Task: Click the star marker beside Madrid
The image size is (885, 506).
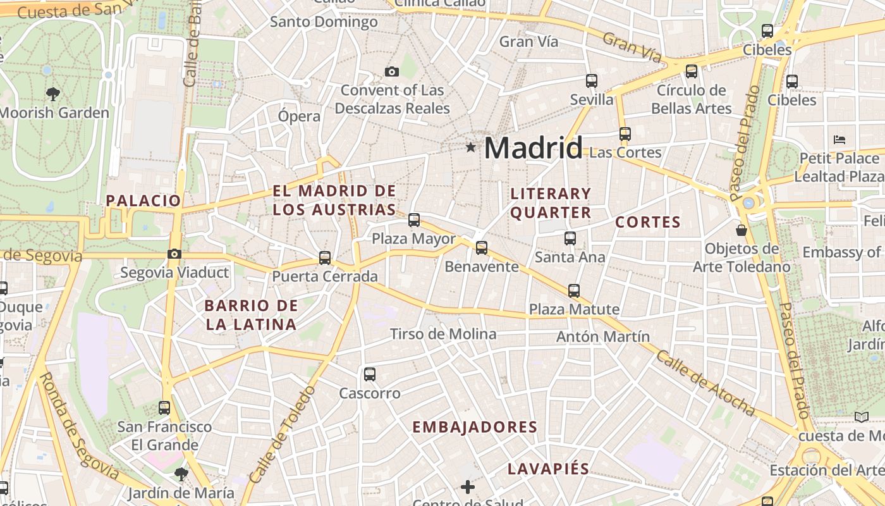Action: tap(470, 147)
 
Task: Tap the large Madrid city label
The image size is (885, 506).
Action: tap(533, 148)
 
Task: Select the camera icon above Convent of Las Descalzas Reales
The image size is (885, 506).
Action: tap(392, 72)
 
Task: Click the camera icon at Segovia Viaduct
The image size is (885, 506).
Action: tap(174, 254)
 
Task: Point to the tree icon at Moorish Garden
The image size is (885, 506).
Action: tap(53, 94)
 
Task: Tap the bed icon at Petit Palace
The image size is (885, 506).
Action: tap(839, 139)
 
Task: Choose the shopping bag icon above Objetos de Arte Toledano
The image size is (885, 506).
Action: tap(742, 230)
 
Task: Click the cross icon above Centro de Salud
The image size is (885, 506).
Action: tap(468, 487)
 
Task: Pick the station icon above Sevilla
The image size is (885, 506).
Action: tap(592, 81)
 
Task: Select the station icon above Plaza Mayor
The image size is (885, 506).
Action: tap(414, 220)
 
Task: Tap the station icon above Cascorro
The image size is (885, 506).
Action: tap(370, 374)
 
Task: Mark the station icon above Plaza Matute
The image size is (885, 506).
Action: tap(574, 291)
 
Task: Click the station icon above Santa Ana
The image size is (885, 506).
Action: tap(570, 238)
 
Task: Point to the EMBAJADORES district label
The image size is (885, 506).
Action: tap(475, 427)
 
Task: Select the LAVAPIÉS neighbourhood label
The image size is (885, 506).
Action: tap(549, 469)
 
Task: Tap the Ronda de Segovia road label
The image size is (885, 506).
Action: tap(79, 425)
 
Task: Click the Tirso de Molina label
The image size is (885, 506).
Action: tap(443, 334)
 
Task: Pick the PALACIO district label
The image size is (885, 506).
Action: tap(143, 201)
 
